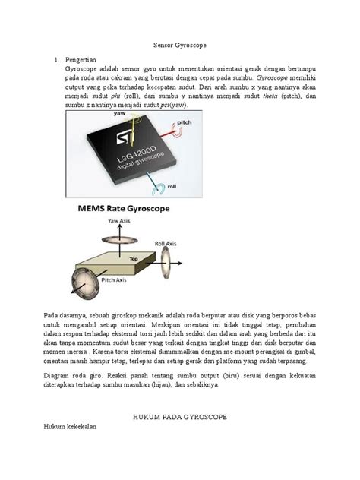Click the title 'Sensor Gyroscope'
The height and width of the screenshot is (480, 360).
click(x=179, y=46)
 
